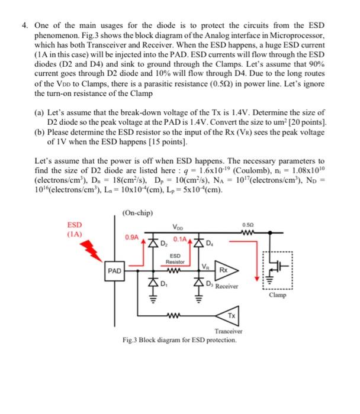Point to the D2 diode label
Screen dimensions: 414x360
pyautogui.click(x=166, y=242)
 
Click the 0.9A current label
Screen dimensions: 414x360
pyautogui.click(x=131, y=237)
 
